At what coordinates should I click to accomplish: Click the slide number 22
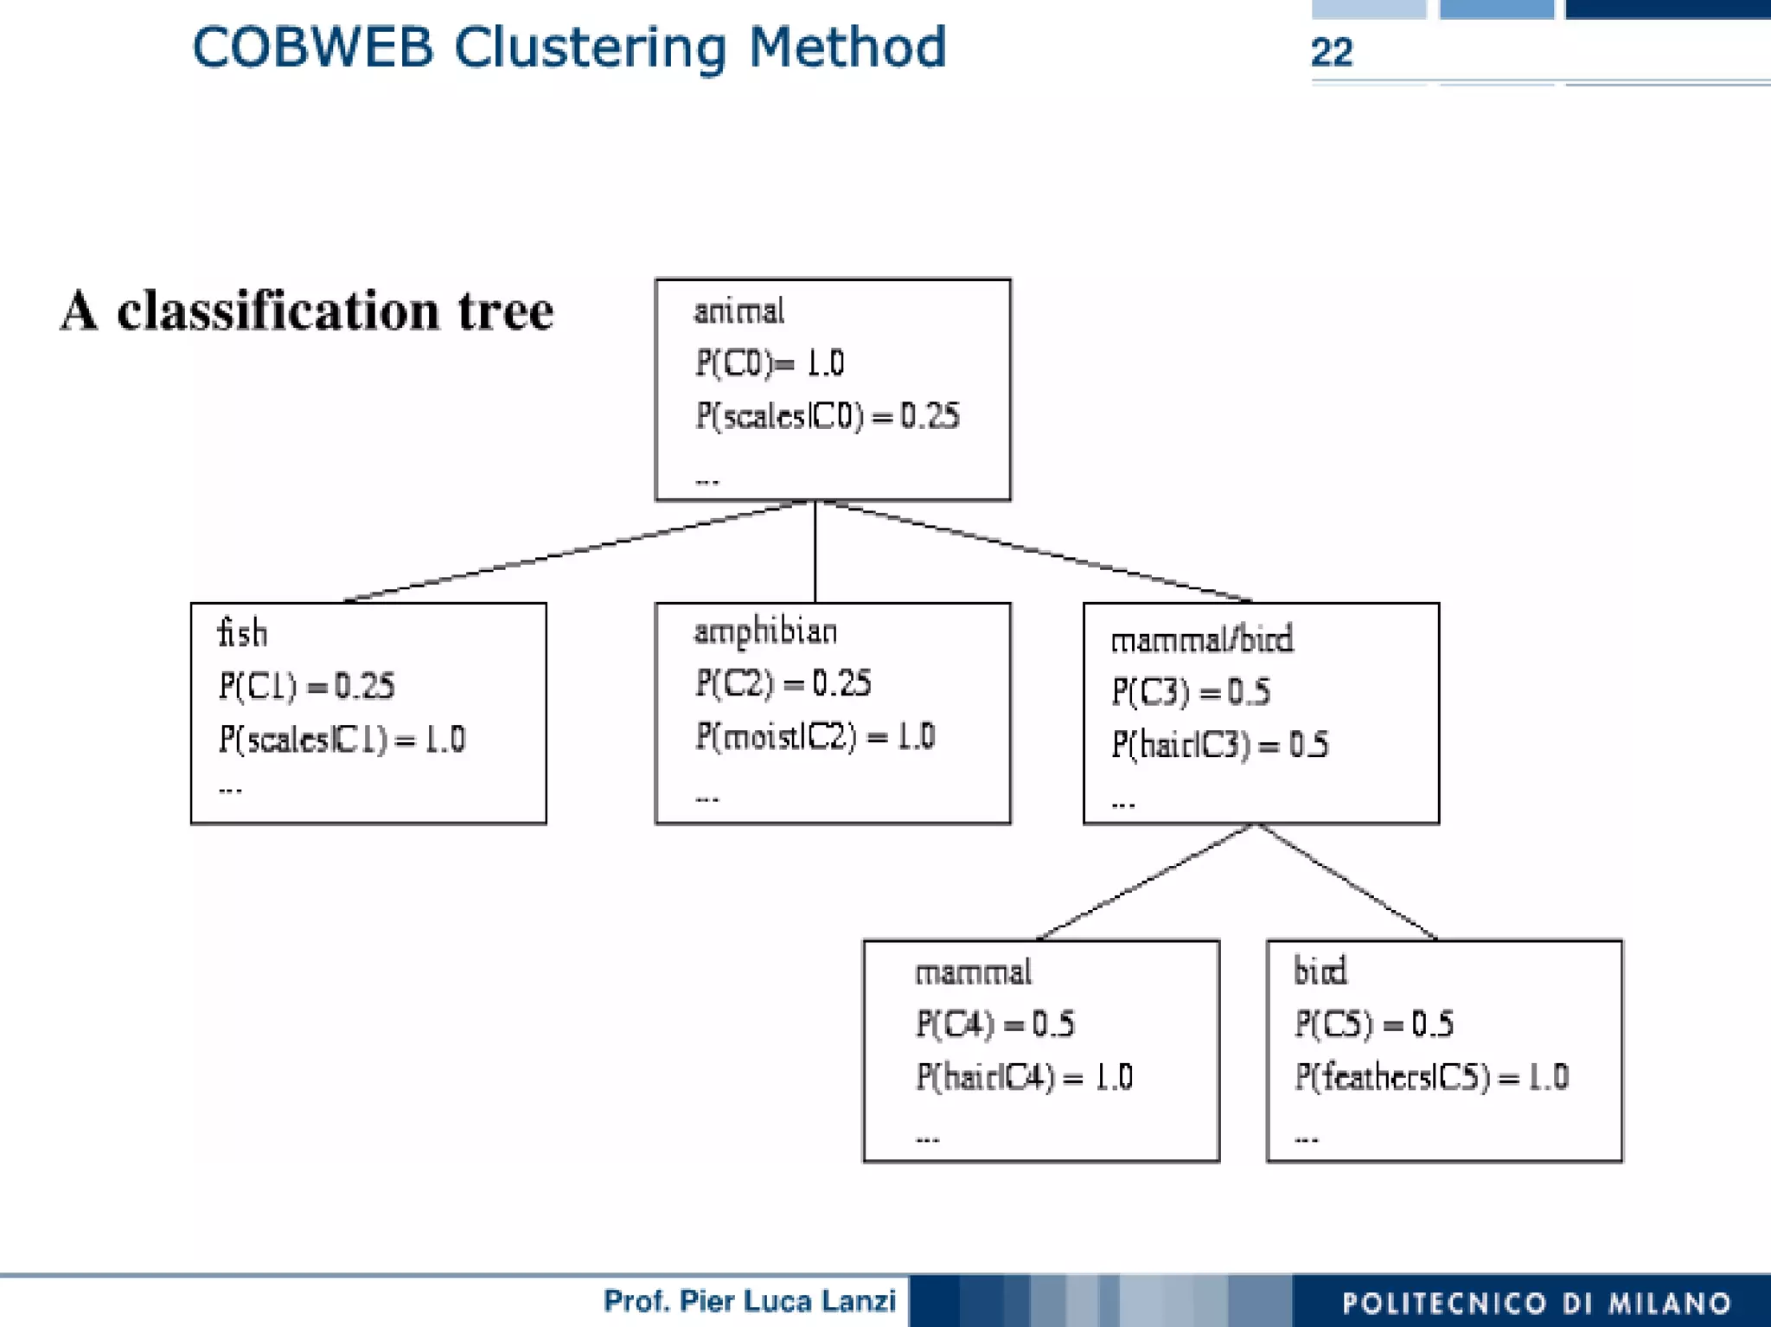[x=1331, y=53]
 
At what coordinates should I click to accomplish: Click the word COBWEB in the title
[x=311, y=48]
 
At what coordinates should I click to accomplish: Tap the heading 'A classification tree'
[x=307, y=311]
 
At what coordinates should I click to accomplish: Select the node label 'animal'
[x=738, y=311]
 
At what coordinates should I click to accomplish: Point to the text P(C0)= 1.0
[x=769, y=363]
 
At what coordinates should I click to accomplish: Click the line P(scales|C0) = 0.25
[x=827, y=416]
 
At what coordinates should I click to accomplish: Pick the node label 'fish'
[x=242, y=633]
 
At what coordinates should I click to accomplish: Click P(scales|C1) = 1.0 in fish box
[x=342, y=739]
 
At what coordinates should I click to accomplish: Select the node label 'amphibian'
[x=765, y=631]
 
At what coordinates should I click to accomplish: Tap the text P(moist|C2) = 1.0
[x=815, y=736]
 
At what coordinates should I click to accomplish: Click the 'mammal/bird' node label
[x=1201, y=640]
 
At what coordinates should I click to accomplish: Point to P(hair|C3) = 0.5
[x=1219, y=744]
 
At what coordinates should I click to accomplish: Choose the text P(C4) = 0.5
[x=994, y=1024]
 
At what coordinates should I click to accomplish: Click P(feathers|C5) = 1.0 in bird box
[x=1431, y=1077]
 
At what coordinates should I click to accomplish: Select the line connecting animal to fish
[x=575, y=552]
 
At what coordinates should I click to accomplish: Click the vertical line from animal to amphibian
[x=815, y=552]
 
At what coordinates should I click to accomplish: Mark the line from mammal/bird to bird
[x=1345, y=881]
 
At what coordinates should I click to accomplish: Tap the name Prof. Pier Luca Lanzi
[x=749, y=1301]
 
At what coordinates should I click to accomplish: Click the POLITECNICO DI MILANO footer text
[x=1536, y=1303]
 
